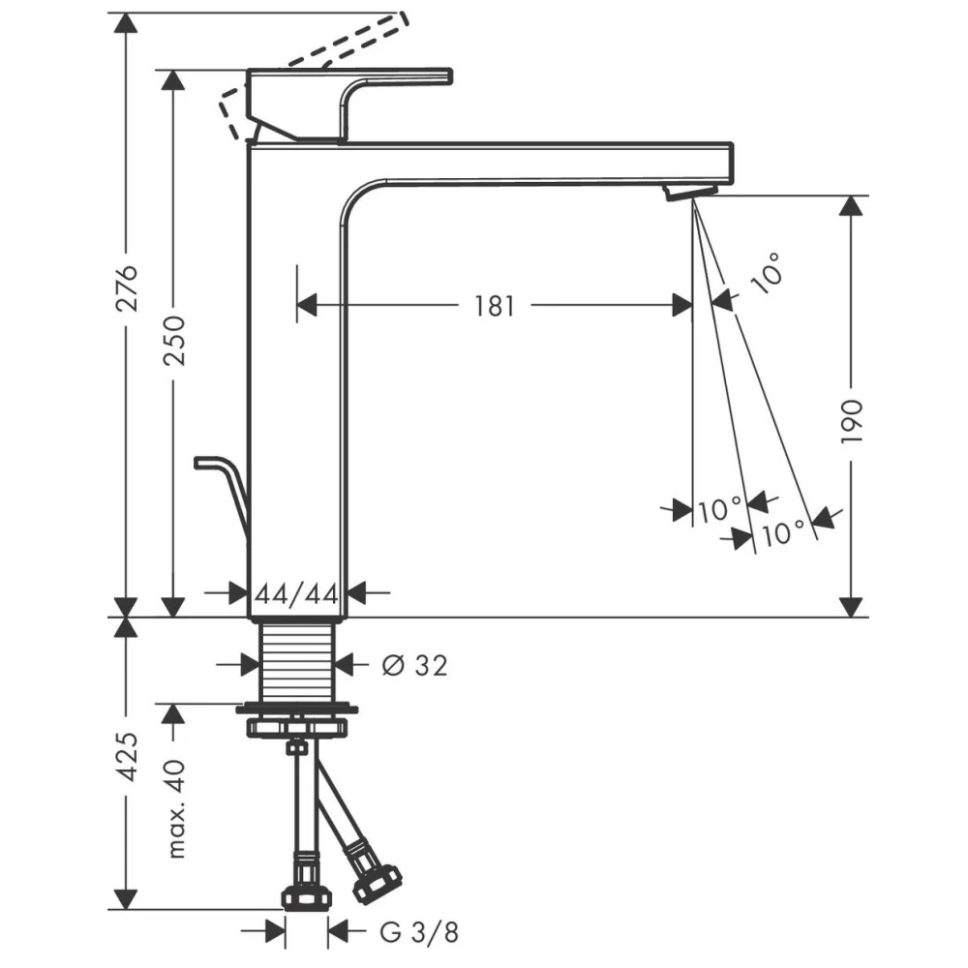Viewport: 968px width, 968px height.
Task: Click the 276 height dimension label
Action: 128,288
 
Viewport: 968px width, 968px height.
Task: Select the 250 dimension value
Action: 174,340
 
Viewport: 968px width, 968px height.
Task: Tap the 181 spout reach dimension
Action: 494,306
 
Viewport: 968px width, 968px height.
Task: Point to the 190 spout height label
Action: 852,421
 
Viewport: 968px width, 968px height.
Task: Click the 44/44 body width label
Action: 297,594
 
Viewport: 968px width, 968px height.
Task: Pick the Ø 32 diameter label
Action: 414,665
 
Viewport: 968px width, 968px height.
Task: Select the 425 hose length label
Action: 128,756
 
